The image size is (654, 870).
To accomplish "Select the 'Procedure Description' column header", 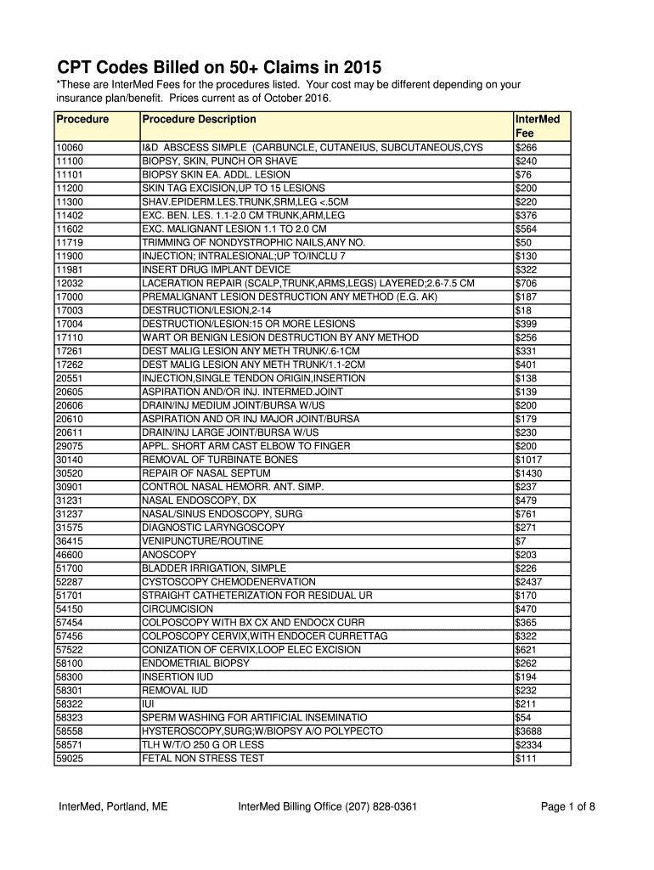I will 199,120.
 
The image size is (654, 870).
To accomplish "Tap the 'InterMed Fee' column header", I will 537,127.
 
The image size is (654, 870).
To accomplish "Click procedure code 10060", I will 70,147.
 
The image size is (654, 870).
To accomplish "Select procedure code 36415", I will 70,541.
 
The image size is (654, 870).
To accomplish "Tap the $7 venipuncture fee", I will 521,541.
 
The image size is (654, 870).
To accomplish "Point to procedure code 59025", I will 70,759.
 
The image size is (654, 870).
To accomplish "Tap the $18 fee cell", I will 523,310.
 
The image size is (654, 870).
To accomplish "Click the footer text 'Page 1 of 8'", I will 567,807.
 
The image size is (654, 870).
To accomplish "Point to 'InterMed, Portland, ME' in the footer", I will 113,807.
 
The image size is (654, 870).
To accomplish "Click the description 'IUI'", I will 147,704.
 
